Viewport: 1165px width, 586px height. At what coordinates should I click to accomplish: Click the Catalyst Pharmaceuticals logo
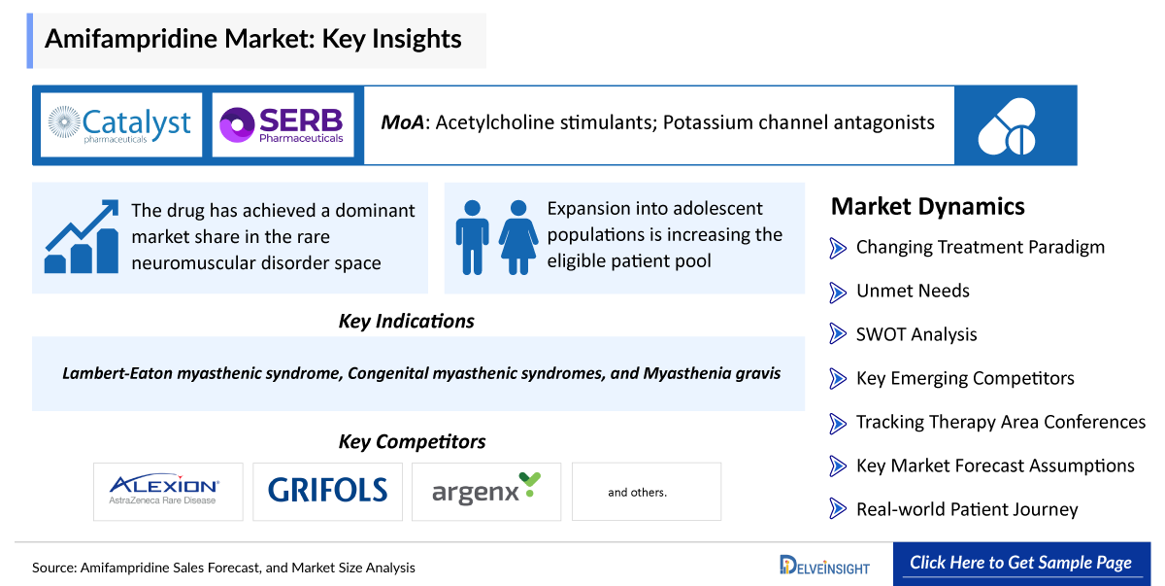pyautogui.click(x=120, y=124)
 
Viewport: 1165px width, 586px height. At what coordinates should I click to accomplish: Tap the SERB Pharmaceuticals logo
pyautogui.click(x=282, y=124)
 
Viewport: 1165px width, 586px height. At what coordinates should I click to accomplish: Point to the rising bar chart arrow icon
pyautogui.click(x=82, y=236)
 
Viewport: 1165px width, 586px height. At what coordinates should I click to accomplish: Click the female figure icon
pyautogui.click(x=518, y=237)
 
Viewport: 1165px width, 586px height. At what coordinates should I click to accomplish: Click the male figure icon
pyautogui.click(x=473, y=237)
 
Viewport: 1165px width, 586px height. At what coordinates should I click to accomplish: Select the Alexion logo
pyautogui.click(x=163, y=491)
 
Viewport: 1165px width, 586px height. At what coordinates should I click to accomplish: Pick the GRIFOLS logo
pyautogui.click(x=327, y=491)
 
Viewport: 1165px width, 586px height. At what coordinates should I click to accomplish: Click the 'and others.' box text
pyautogui.click(x=637, y=493)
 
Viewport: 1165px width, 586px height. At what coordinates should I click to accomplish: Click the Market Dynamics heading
pyautogui.click(x=927, y=206)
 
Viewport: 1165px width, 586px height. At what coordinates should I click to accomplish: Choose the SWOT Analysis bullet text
pyautogui.click(x=915, y=334)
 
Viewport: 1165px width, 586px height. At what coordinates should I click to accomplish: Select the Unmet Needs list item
pyautogui.click(x=912, y=291)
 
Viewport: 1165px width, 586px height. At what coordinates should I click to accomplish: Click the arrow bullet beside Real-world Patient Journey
pyautogui.click(x=838, y=509)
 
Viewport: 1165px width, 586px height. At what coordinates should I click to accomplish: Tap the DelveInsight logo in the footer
pyautogui.click(x=824, y=565)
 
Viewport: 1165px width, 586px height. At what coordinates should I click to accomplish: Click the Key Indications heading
pyautogui.click(x=406, y=321)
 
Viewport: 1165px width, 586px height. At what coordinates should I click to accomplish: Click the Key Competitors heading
pyautogui.click(x=412, y=441)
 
